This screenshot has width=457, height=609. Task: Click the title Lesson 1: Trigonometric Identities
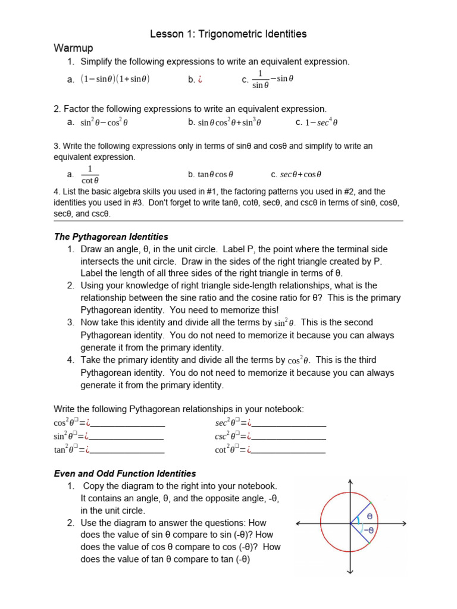[228, 34]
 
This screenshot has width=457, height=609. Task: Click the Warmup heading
[73, 48]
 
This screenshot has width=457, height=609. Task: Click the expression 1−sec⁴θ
[321, 123]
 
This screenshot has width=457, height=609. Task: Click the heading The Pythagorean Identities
[111, 237]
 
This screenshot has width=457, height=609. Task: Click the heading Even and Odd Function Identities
[124, 473]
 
